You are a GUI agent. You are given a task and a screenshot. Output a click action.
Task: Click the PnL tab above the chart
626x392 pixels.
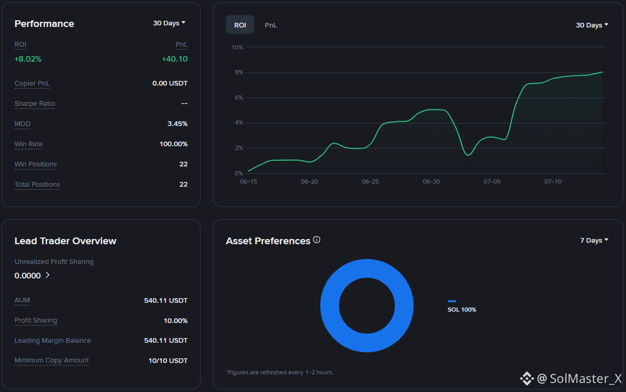(271, 25)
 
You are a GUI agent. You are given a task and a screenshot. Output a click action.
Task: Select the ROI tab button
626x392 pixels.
(240, 24)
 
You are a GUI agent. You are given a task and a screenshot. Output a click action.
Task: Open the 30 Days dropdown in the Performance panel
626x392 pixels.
(169, 23)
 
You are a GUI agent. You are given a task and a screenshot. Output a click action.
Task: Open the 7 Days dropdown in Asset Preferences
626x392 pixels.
(594, 241)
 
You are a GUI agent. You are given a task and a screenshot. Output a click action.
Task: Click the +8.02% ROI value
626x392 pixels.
(28, 59)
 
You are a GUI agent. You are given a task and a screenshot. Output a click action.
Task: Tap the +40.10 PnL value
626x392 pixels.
(175, 59)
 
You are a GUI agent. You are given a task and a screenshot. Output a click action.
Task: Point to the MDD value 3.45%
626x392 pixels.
(177, 123)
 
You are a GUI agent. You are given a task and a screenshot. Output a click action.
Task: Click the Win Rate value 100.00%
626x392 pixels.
(174, 144)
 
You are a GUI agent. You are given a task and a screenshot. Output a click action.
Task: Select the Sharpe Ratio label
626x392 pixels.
(35, 104)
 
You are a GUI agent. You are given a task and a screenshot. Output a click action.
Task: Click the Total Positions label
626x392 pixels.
(37, 185)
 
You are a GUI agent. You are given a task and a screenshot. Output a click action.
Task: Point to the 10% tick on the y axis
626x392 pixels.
(237, 47)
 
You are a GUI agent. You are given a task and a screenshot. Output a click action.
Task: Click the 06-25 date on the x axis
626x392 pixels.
(371, 181)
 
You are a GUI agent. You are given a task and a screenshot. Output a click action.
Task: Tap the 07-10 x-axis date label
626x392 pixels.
(553, 181)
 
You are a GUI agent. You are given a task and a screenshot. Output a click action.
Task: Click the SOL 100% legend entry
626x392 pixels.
(462, 307)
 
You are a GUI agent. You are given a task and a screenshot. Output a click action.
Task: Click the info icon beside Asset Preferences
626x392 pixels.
(317, 240)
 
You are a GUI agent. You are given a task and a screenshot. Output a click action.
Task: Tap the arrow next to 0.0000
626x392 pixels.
(48, 275)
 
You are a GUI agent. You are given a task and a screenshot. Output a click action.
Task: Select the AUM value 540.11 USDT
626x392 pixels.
(166, 301)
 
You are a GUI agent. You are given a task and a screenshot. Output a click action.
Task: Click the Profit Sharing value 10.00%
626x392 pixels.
(176, 320)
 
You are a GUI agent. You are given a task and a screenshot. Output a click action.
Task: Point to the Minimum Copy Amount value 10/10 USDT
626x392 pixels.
(168, 361)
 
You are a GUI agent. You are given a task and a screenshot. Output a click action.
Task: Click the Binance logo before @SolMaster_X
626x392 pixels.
(527, 379)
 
